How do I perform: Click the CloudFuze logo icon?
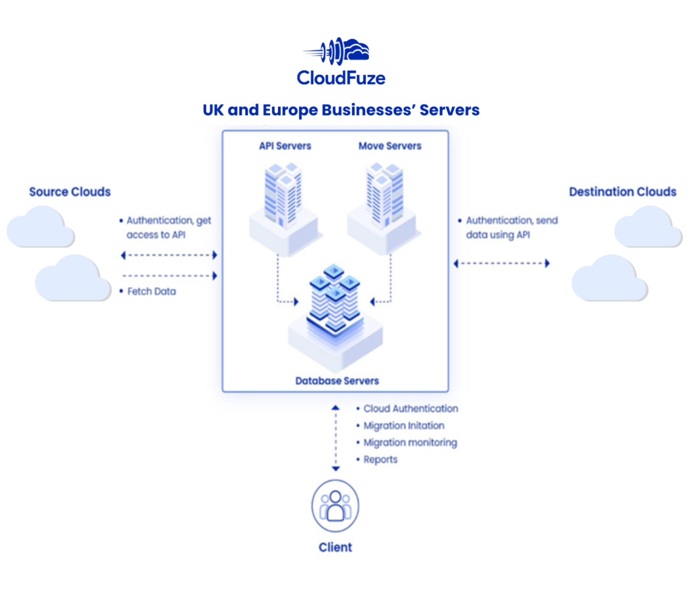point(336,51)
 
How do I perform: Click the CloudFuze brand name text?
point(341,78)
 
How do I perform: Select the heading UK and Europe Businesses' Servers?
point(341,110)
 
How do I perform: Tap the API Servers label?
point(285,146)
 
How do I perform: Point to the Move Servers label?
point(390,146)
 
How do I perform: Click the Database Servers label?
point(337,381)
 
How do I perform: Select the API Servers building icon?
point(284,200)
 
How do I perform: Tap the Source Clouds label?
point(70,192)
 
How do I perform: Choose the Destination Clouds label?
point(622,192)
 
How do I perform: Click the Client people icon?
point(335,506)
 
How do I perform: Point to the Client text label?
point(335,547)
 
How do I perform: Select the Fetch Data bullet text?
point(151,291)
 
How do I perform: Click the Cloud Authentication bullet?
point(410,409)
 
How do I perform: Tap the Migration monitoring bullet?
point(409,443)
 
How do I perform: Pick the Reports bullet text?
point(380,459)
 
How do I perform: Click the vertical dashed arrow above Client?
point(335,438)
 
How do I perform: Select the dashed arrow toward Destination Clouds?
point(502,263)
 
